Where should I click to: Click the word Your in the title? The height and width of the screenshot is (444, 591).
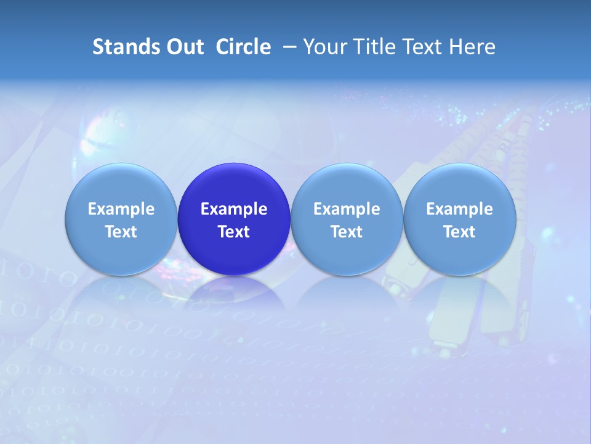(323, 47)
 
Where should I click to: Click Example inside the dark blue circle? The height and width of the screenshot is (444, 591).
(234, 209)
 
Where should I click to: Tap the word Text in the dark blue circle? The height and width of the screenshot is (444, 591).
(234, 232)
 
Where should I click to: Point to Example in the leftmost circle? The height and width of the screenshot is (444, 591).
(121, 209)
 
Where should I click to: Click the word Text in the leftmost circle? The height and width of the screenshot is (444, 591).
(121, 232)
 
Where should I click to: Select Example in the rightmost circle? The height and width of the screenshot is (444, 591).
(459, 209)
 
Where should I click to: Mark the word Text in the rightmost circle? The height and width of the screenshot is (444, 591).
(459, 232)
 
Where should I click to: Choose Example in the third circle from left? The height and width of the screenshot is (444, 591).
(347, 209)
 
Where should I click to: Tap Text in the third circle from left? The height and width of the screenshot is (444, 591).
(347, 232)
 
